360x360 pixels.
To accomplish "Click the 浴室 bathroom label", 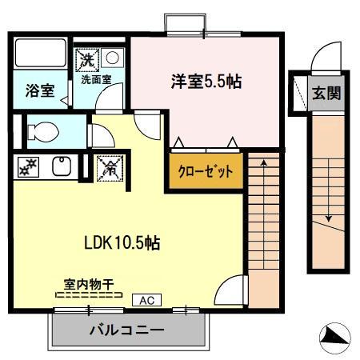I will point(38,90).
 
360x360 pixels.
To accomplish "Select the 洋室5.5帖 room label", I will point(206,81).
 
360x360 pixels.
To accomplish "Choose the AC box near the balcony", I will point(146,301).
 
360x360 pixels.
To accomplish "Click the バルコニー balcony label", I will point(126,330).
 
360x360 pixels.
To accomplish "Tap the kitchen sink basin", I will point(60,166).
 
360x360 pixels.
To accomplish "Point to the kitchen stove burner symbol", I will point(27,167).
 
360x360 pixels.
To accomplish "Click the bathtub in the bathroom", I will point(40,53).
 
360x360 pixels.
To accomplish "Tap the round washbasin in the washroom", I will point(113,58).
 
